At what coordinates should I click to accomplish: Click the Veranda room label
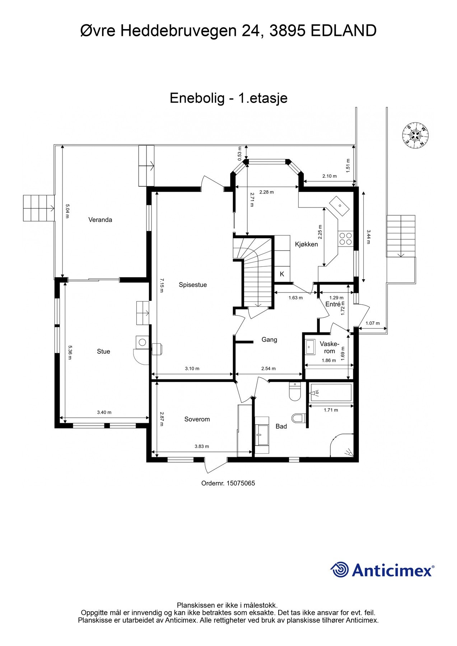[100, 220]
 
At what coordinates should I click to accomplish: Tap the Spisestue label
[193, 285]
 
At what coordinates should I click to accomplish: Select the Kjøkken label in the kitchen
[306, 244]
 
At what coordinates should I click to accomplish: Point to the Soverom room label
[197, 419]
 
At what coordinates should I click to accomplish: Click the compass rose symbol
[416, 135]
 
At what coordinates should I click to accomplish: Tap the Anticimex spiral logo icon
[339, 570]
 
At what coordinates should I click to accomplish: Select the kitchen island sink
[340, 206]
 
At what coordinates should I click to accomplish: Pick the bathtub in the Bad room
[331, 393]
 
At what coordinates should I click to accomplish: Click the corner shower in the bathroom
[343, 446]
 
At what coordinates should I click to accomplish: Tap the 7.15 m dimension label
[162, 285]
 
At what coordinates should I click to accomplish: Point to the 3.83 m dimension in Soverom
[202, 446]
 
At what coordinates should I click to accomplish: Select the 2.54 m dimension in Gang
[269, 369]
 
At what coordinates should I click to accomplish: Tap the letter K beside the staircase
[282, 274]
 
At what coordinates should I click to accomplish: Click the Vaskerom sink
[310, 347]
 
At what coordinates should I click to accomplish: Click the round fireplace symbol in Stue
[142, 342]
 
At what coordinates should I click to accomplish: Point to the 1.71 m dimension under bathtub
[331, 410]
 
